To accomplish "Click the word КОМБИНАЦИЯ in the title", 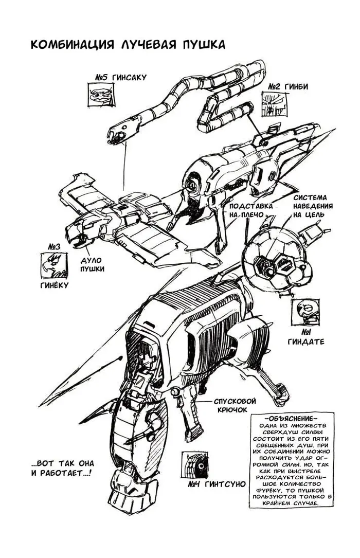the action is pos(73,45).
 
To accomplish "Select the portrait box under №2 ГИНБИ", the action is pos(275,104).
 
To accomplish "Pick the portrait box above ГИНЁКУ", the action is pos(54,266).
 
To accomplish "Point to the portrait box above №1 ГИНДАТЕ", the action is pos(305,312).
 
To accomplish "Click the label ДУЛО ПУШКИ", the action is pos(92,265).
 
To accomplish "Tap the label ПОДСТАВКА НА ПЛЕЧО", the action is pos(251,210).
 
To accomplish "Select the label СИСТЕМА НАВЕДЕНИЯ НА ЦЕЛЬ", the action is pos(313,206).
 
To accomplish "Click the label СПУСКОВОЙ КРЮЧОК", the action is pos(235,405).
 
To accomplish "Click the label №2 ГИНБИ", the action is pos(287,86).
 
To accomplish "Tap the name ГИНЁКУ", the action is pos(54,285).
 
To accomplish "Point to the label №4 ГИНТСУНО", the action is pos(217,484).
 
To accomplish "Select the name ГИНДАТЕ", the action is pos(307,342).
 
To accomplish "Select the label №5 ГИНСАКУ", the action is pos(120,77).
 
